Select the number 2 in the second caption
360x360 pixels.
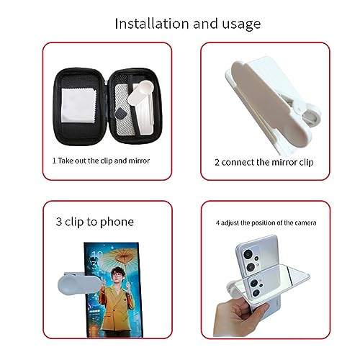tap(217, 162)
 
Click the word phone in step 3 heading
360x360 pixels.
tap(117, 221)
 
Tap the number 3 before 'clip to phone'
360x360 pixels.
tap(58, 221)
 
